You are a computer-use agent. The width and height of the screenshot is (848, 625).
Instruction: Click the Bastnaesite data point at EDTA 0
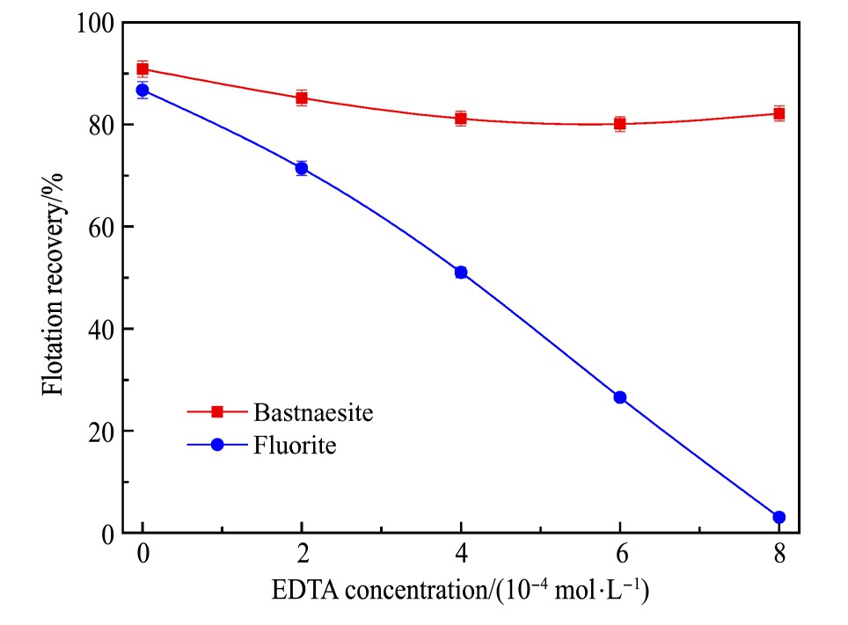click(x=143, y=69)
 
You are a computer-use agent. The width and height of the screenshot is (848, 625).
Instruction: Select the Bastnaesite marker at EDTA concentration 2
click(x=302, y=98)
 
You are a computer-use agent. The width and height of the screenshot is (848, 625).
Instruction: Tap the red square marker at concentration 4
click(x=461, y=118)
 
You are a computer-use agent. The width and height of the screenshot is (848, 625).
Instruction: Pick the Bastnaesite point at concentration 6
click(x=620, y=124)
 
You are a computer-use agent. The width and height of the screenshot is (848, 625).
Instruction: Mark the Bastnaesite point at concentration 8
click(x=779, y=113)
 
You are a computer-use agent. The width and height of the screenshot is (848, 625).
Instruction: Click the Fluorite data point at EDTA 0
click(x=143, y=90)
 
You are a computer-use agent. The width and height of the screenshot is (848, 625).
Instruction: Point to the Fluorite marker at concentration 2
click(x=302, y=168)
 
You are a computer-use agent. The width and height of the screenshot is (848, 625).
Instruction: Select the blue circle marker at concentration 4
click(x=461, y=273)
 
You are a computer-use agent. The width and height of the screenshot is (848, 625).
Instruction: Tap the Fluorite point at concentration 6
click(x=620, y=397)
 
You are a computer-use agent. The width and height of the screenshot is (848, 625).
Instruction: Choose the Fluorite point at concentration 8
click(x=779, y=517)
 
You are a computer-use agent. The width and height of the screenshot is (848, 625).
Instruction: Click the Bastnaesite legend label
click(x=307, y=411)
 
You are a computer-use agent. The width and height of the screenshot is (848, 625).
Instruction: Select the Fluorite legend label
click(x=295, y=445)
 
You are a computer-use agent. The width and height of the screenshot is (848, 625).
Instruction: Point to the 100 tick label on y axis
click(x=94, y=23)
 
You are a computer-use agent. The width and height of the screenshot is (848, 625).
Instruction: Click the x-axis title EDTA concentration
click(x=461, y=592)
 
